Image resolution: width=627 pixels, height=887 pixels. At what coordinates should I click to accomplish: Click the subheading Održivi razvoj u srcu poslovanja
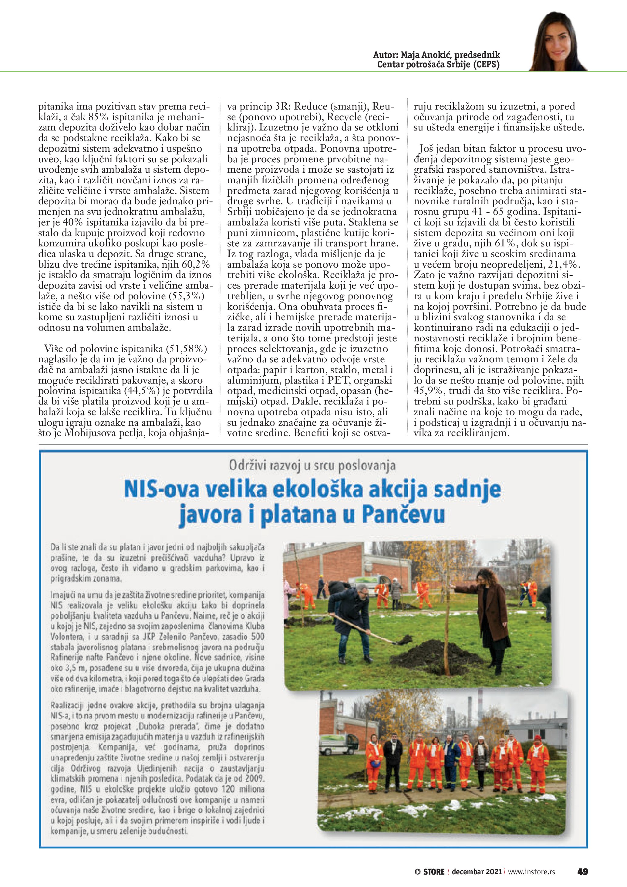(312, 466)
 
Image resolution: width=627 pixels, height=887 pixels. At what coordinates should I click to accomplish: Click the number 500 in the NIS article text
(258, 637)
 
